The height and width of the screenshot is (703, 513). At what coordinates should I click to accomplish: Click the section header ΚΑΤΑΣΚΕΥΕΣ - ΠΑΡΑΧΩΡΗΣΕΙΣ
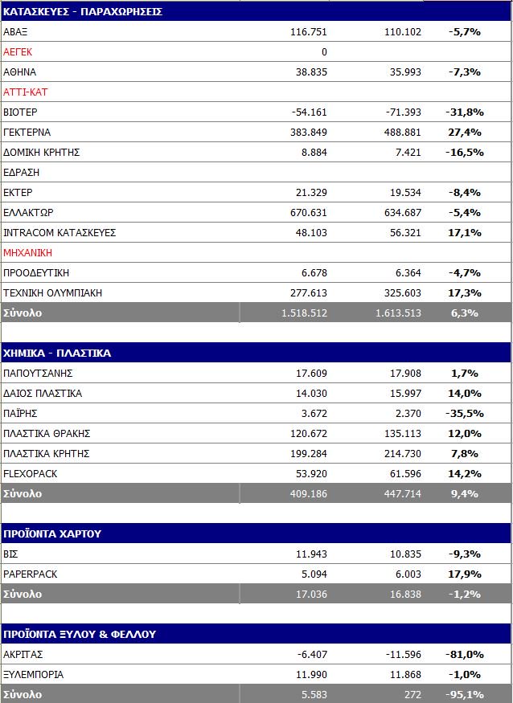click(84, 11)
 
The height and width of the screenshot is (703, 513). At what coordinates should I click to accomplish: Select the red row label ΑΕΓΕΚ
click(18, 51)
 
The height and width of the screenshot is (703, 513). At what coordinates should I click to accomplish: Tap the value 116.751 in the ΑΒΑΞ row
click(309, 31)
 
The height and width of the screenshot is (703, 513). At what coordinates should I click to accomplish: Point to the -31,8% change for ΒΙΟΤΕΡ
click(464, 112)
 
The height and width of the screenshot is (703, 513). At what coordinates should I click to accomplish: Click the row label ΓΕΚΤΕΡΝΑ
click(27, 132)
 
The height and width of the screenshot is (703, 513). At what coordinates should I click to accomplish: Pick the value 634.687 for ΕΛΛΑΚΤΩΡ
click(402, 212)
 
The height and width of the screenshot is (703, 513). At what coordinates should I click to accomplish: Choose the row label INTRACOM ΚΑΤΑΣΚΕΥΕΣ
click(60, 232)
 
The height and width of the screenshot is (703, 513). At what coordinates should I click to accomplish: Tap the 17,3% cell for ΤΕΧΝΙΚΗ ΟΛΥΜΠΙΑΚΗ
click(464, 292)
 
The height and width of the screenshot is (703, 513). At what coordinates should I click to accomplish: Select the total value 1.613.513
click(398, 313)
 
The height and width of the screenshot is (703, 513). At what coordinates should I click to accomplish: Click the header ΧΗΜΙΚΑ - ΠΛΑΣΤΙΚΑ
click(57, 353)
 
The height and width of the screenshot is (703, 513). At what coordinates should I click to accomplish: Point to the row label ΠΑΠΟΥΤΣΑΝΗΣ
click(39, 373)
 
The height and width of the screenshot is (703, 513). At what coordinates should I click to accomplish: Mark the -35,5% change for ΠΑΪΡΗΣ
click(464, 413)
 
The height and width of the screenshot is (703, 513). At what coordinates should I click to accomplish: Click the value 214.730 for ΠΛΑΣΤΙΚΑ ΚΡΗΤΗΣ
click(402, 453)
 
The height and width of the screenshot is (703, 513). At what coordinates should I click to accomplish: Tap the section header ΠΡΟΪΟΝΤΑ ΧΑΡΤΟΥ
click(52, 533)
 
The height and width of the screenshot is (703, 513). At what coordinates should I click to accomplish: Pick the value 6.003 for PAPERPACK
click(405, 574)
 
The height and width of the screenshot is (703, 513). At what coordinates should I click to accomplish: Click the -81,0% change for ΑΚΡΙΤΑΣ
click(464, 654)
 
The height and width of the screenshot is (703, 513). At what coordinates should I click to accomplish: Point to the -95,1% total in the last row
click(464, 694)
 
